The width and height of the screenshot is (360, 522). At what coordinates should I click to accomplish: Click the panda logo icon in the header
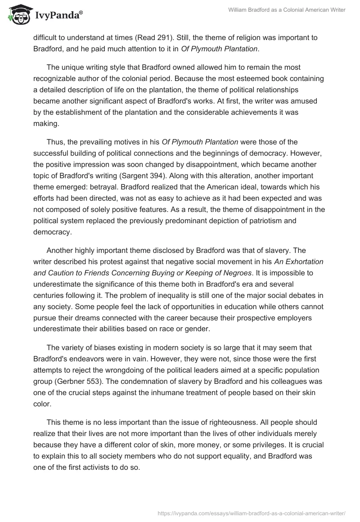click(x=17, y=14)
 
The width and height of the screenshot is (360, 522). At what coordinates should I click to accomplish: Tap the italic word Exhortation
click(x=304, y=261)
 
